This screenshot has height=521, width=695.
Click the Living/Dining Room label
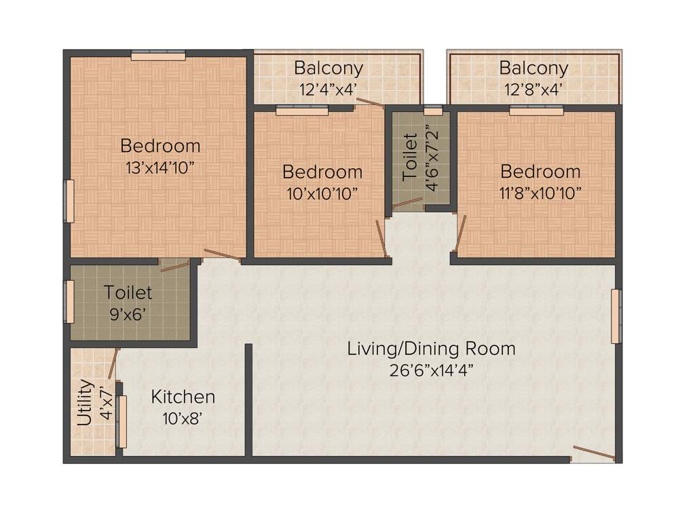pyautogui.click(x=431, y=349)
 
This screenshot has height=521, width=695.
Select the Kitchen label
pyautogui.click(x=183, y=397)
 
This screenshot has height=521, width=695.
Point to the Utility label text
pyautogui.click(x=85, y=402)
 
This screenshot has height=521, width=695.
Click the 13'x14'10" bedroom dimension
pyautogui.click(x=160, y=168)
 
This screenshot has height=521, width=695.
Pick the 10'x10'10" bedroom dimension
pyautogui.click(x=322, y=193)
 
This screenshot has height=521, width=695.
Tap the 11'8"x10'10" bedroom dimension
pyautogui.click(x=540, y=193)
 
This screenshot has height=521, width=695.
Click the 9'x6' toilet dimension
pyautogui.click(x=128, y=315)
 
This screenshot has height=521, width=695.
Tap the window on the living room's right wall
pyautogui.click(x=616, y=316)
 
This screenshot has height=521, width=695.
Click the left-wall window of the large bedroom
pyautogui.click(x=69, y=201)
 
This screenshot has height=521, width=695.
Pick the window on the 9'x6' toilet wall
pyautogui.click(x=69, y=302)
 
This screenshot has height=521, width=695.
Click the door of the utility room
pyautogui.click(x=113, y=364)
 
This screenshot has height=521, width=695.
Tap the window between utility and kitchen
pyautogui.click(x=122, y=421)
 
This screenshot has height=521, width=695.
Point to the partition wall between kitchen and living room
pyautogui.click(x=248, y=400)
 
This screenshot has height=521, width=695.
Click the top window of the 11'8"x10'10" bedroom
pyautogui.click(x=536, y=111)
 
